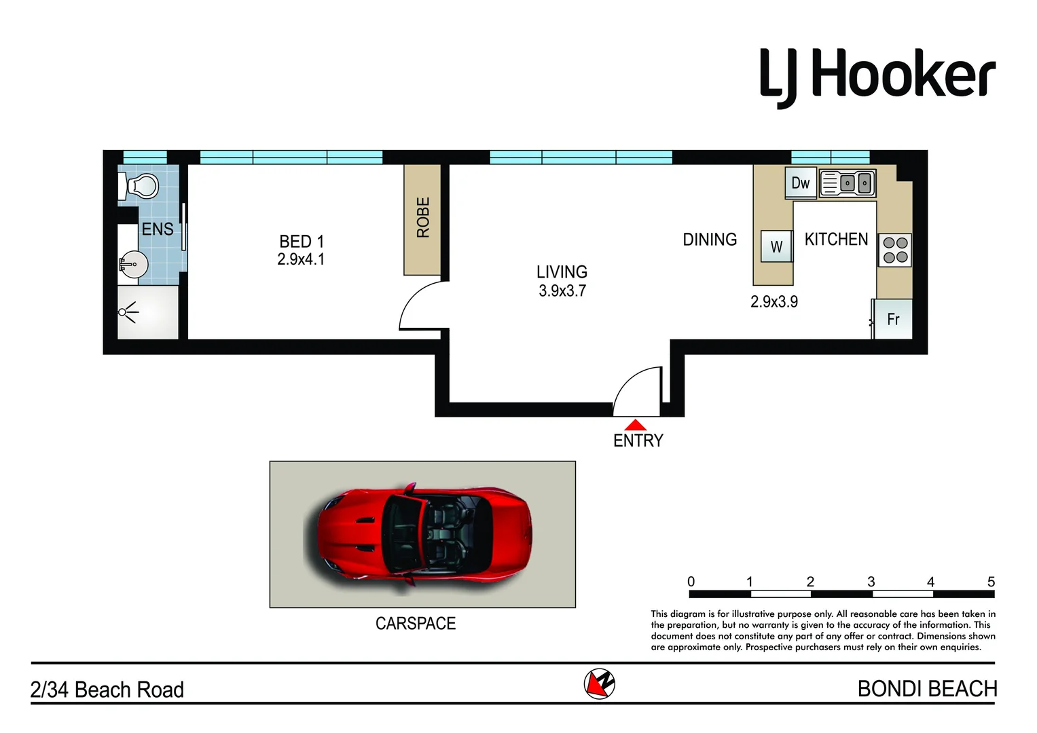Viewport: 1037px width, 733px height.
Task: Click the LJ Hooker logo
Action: click(x=877, y=77)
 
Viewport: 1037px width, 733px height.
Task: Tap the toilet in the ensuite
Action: click(x=141, y=185)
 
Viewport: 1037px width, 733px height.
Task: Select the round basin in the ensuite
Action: click(x=134, y=265)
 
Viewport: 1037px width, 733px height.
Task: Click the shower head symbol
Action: click(x=127, y=312)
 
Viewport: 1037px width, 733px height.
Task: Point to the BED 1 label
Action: click(x=302, y=242)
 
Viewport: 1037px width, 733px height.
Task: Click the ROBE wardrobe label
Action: click(x=422, y=217)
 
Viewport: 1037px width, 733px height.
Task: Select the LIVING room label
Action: click(x=562, y=272)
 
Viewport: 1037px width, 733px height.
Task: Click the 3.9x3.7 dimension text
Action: click(x=562, y=291)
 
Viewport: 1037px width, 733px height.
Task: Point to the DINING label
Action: click(x=710, y=240)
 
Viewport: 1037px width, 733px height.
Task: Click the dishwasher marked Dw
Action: click(x=801, y=183)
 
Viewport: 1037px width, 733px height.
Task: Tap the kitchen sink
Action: click(x=848, y=183)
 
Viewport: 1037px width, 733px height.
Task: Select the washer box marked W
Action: click(x=776, y=247)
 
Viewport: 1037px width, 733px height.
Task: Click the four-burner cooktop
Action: click(x=895, y=250)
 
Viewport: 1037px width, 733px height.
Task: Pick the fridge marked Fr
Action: click(x=893, y=319)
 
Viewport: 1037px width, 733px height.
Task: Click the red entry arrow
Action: click(x=635, y=425)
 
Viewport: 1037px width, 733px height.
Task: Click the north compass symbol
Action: click(x=599, y=683)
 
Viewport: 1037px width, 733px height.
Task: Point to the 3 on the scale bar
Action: click(x=871, y=582)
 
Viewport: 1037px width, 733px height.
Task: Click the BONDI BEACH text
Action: click(x=927, y=689)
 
